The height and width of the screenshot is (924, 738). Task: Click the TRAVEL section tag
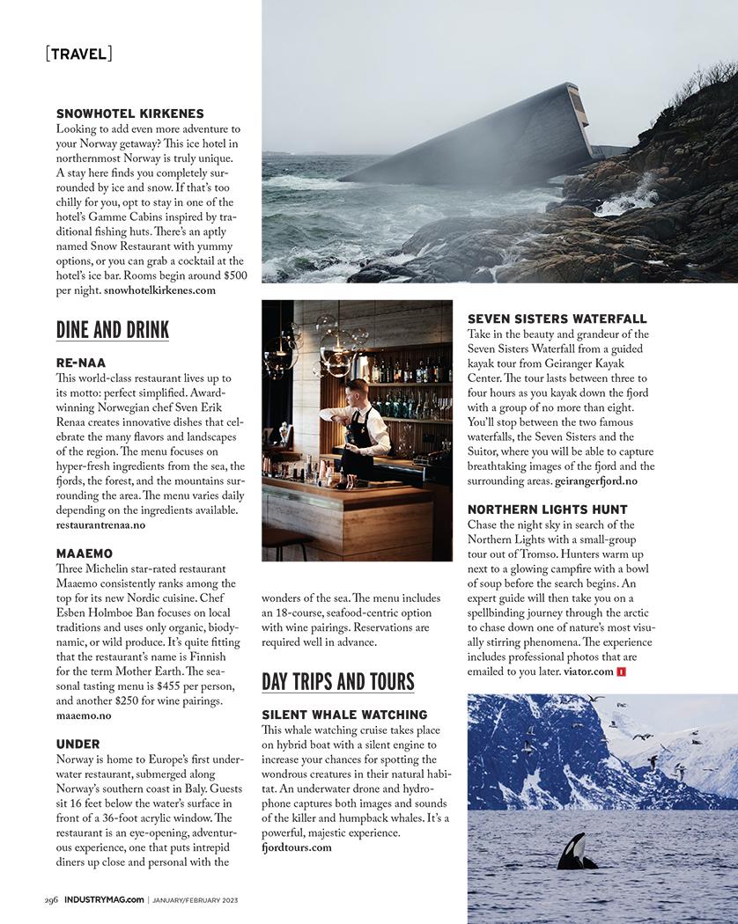coord(78,54)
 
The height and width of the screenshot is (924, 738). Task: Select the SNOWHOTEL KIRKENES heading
coord(130,114)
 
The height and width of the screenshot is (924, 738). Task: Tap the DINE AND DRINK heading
coord(113,330)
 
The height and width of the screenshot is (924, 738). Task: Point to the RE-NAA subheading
coord(81,363)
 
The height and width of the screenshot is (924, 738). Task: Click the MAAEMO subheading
coord(85,554)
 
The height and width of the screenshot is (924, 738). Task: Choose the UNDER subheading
coord(78,744)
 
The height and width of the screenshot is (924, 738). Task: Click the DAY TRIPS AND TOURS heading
coord(338,682)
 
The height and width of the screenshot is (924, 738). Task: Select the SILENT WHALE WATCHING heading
coord(344,715)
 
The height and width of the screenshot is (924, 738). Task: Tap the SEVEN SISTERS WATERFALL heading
coord(557,319)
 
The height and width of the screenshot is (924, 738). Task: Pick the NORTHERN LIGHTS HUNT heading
coord(548,510)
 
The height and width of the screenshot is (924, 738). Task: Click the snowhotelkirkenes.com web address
coord(159,290)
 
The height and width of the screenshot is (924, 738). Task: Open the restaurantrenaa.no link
coord(100,524)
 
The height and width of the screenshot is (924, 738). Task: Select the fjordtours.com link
coord(297,847)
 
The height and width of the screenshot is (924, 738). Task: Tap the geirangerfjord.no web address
coord(596,481)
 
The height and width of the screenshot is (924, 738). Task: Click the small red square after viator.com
coord(621,672)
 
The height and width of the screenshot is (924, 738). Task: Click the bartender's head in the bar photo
coord(356,392)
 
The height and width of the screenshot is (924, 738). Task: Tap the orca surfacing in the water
coord(574,853)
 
